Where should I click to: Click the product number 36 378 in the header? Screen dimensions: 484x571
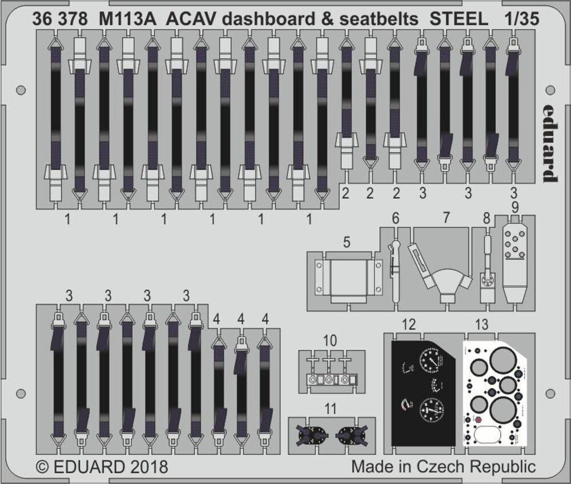click(61, 19)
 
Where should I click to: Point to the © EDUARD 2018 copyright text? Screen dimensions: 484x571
click(102, 467)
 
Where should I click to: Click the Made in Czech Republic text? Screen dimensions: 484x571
click(443, 467)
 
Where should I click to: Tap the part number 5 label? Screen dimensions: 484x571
click(347, 242)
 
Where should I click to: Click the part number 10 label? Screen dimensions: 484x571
click(329, 341)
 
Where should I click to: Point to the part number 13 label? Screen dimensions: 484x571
click(481, 325)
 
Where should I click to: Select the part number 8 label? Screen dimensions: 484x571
click(486, 218)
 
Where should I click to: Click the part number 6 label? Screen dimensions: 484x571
click(395, 218)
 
